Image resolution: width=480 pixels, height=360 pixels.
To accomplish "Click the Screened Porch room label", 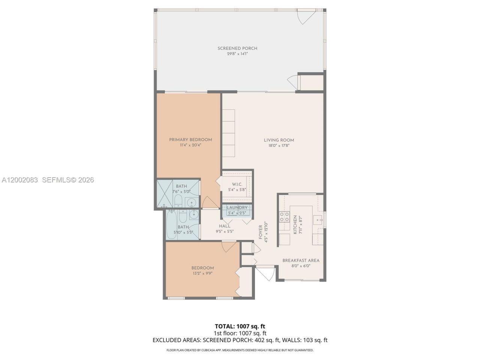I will pyautogui.click(x=237, y=48).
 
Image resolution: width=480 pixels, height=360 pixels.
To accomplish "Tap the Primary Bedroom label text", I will pyautogui.click(x=190, y=140).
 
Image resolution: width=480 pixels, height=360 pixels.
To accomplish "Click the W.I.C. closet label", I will pyautogui.click(x=237, y=184).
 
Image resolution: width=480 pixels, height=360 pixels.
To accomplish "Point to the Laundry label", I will pyautogui.click(x=237, y=208).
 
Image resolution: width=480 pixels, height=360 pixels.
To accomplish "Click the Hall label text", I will pyautogui.click(x=225, y=226).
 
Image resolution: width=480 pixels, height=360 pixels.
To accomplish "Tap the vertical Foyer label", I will pyautogui.click(x=261, y=232).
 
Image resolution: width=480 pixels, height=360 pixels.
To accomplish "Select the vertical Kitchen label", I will pyautogui.click(x=295, y=225).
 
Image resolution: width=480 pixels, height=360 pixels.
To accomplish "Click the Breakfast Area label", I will pyautogui.click(x=301, y=261).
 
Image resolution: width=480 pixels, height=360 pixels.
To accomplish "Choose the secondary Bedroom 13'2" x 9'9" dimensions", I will pyautogui.click(x=202, y=273).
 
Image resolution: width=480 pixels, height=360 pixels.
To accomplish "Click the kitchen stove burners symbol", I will pyautogui.click(x=284, y=217).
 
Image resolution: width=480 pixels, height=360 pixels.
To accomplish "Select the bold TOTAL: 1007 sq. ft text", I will pyautogui.click(x=240, y=326).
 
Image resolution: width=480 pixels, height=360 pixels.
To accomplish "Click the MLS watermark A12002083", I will pyautogui.click(x=20, y=180).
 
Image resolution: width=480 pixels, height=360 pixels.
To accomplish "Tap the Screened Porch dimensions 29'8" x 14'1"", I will pyautogui.click(x=237, y=54).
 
